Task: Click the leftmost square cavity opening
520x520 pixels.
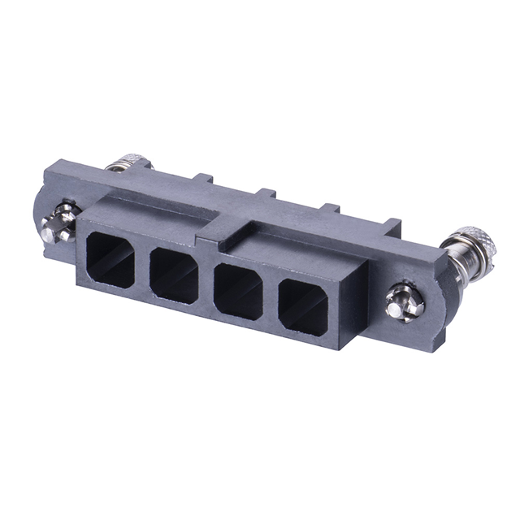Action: click(110, 260)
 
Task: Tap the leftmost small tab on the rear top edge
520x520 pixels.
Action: click(203, 178)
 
